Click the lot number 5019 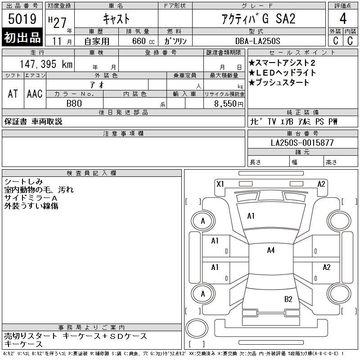(x=22, y=19)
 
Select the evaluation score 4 (x=343, y=19)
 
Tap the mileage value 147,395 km (x=46, y=64)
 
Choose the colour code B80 (x=74, y=103)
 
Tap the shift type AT (x=13, y=94)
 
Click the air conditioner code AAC (x=35, y=94)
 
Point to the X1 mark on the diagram (x=220, y=184)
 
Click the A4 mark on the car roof (x=270, y=250)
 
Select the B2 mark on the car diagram (x=288, y=299)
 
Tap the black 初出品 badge (x=22, y=37)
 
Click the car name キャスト (x=116, y=19)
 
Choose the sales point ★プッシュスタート (x=279, y=83)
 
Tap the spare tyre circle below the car (x=197, y=330)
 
